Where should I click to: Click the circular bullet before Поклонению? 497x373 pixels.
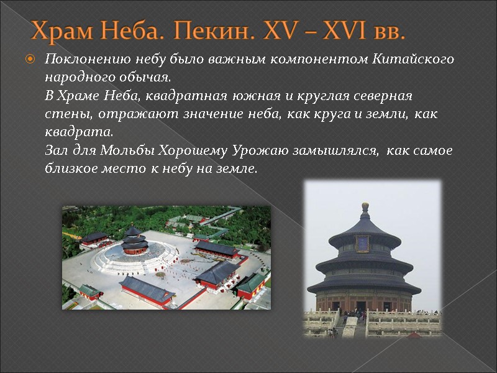[29, 60]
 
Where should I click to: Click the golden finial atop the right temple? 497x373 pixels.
[365, 206]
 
